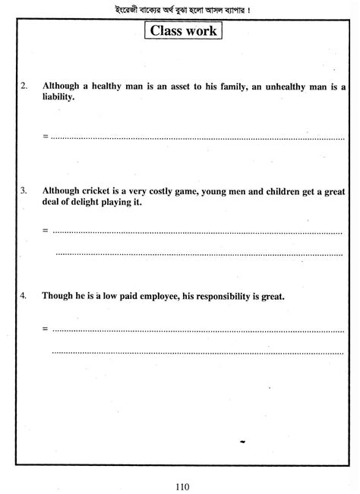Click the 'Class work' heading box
(185, 31)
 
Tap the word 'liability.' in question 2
(60, 98)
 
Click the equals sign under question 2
(46, 137)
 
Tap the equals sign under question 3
(46, 230)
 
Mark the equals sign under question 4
(46, 329)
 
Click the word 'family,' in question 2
(224, 86)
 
